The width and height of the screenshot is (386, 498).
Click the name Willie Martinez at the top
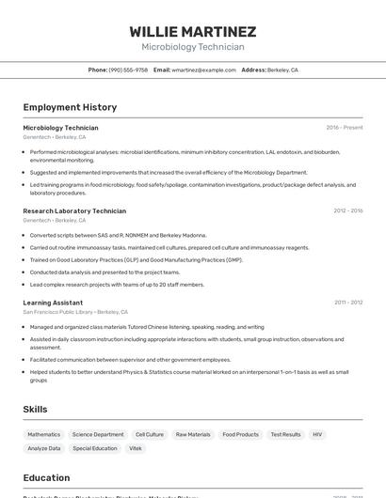coord(192,32)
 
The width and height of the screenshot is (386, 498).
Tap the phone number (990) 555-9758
coord(128,70)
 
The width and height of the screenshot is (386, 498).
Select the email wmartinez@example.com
coord(203,70)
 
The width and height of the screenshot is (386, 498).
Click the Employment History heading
coord(70,107)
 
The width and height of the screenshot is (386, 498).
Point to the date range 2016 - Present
coord(344,128)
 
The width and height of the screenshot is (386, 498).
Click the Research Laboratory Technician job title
coord(74,211)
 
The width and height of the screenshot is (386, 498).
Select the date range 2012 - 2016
coord(347,211)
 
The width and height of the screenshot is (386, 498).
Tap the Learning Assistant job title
coord(53,303)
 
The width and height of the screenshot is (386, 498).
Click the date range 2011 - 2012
coord(347,303)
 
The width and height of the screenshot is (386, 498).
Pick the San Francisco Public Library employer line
coord(75,312)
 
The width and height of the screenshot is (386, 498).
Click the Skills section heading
coord(36,410)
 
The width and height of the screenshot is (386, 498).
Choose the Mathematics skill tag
coord(44,435)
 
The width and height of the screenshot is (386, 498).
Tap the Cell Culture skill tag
coord(150,435)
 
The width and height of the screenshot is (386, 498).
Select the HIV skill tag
coord(317,435)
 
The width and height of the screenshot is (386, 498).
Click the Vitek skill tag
coord(136,449)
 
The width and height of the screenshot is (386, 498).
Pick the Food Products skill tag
coord(240,435)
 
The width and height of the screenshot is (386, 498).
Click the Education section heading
coord(47,477)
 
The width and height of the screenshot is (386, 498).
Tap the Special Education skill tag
coord(95,449)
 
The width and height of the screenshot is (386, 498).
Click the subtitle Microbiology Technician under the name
coord(192,47)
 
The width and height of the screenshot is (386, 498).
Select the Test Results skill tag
coord(285,435)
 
